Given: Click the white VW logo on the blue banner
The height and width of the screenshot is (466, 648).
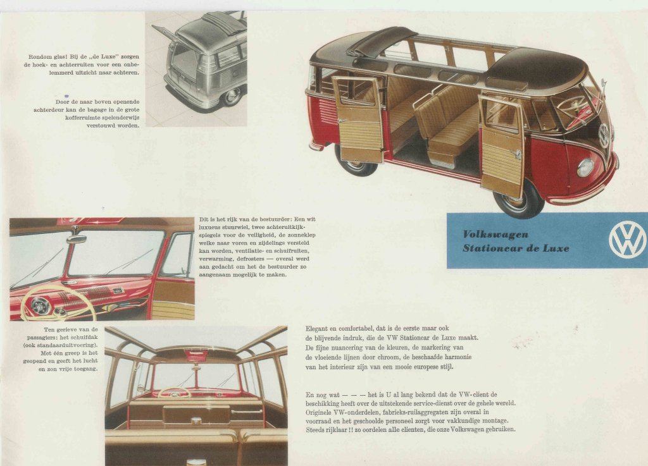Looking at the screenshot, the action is [626, 240].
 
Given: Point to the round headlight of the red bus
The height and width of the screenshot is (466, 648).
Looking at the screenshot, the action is [585, 168].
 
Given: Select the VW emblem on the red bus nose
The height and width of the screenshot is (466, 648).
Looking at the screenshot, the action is [604, 135].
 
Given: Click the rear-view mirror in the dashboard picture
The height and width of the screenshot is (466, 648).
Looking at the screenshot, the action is [77, 238].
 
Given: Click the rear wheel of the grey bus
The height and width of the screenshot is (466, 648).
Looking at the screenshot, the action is [232, 95].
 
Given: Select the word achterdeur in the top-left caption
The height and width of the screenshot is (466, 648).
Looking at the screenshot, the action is [48, 110].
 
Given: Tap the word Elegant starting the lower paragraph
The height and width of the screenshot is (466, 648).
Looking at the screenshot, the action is [318, 329].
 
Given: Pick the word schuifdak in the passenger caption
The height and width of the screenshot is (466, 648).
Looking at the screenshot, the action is [85, 337].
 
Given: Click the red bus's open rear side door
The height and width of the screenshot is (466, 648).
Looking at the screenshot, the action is [358, 119].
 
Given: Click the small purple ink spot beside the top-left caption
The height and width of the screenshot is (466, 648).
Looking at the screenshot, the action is [66, 96].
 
